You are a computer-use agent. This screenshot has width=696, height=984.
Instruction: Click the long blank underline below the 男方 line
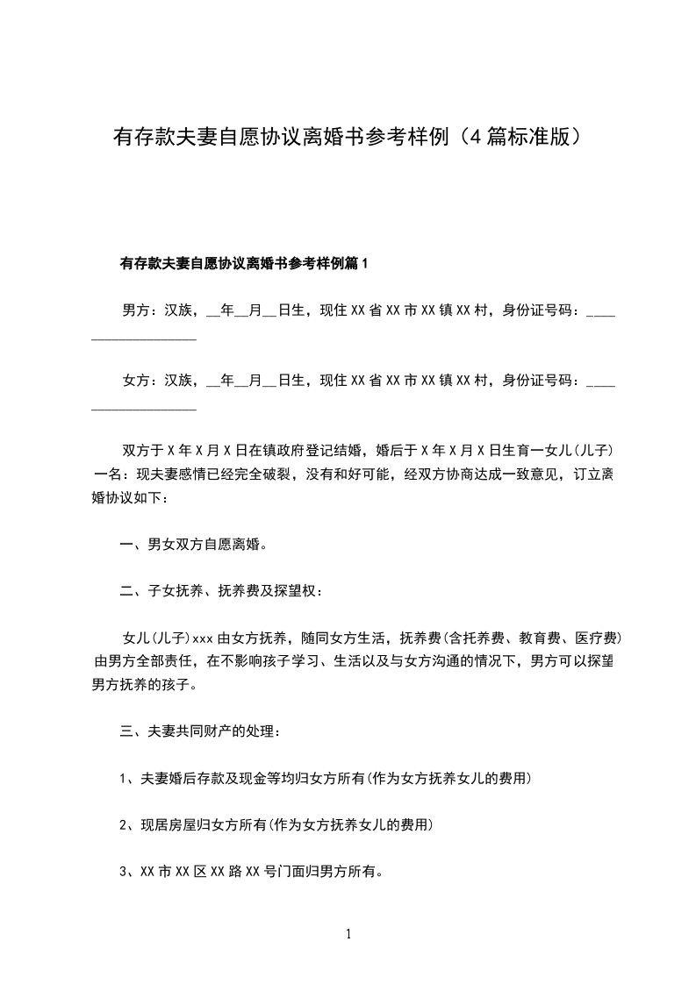(x=144, y=339)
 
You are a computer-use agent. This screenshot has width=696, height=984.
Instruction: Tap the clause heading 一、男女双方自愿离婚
(x=193, y=545)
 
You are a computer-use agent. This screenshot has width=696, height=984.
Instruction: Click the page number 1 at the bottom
(x=348, y=934)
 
